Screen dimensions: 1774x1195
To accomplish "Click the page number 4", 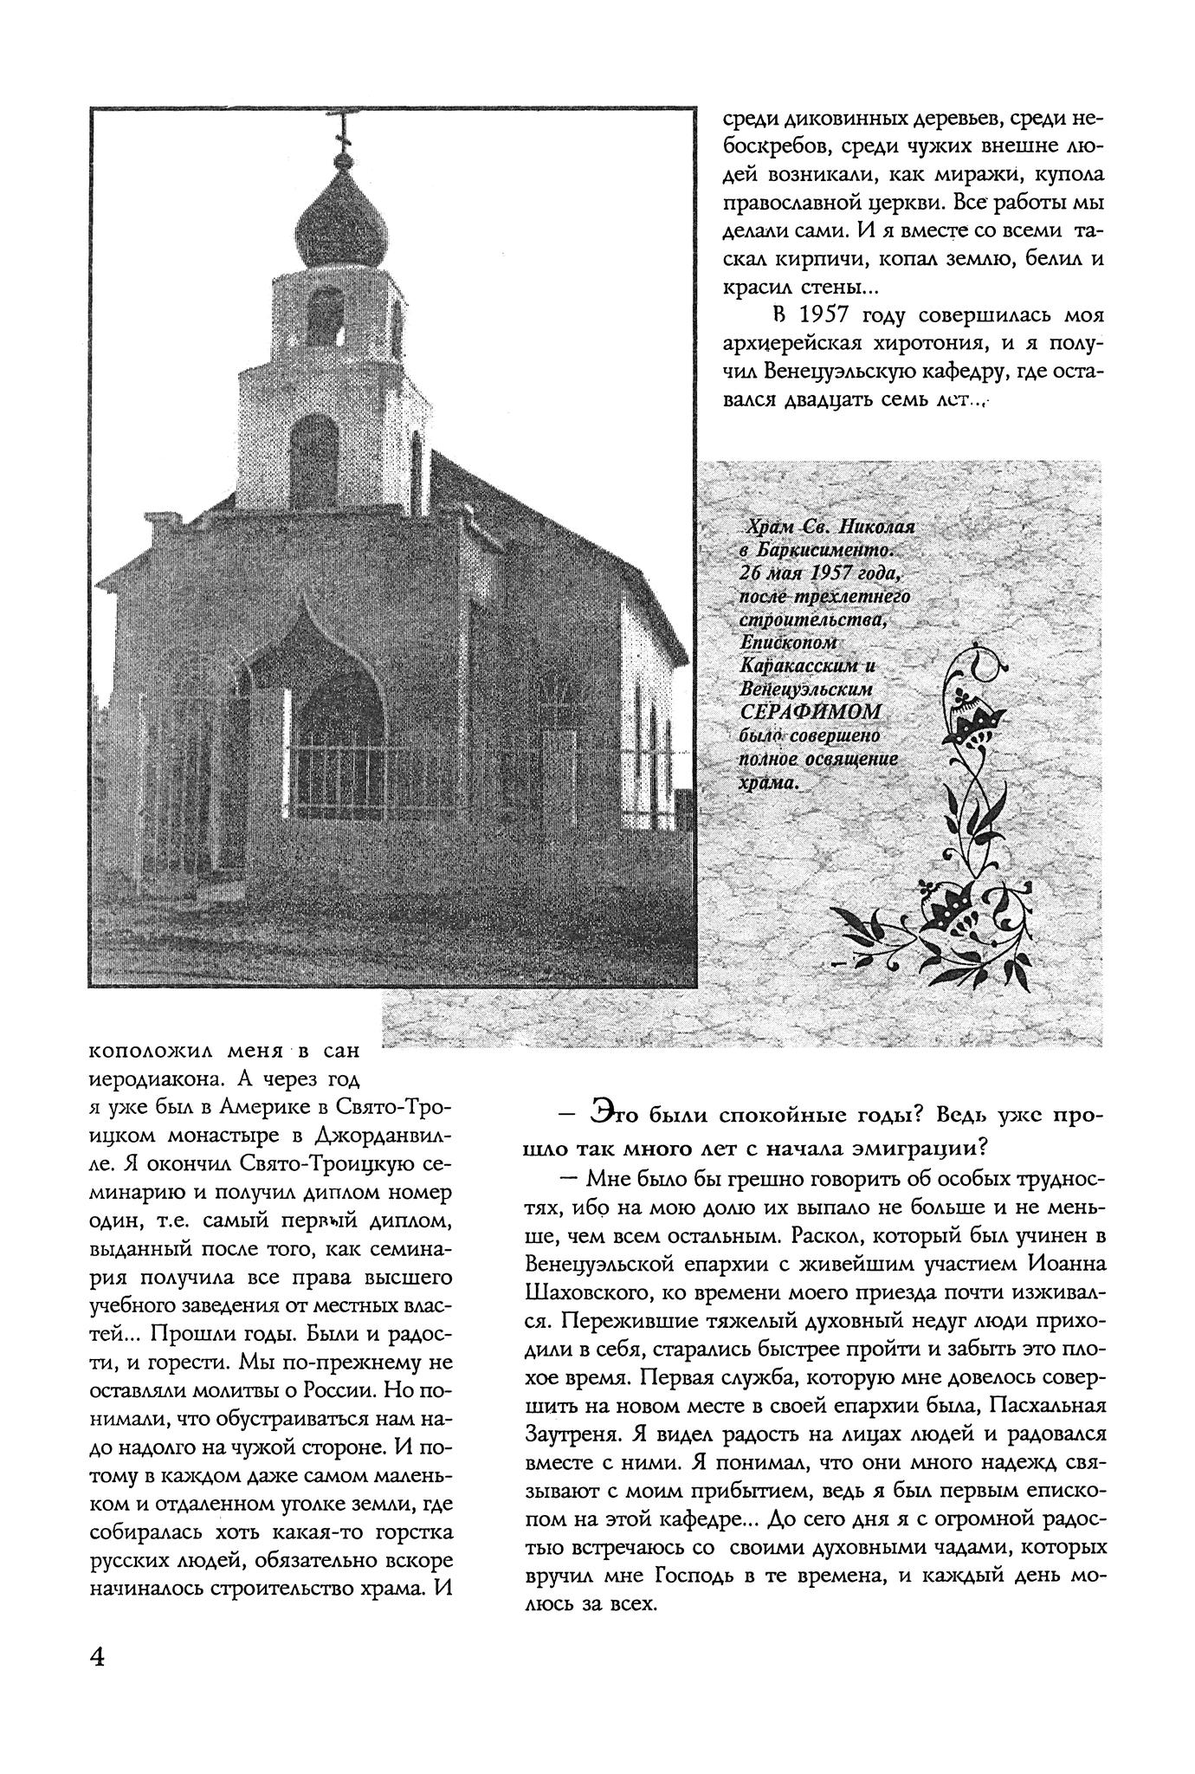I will pos(97,1656).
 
